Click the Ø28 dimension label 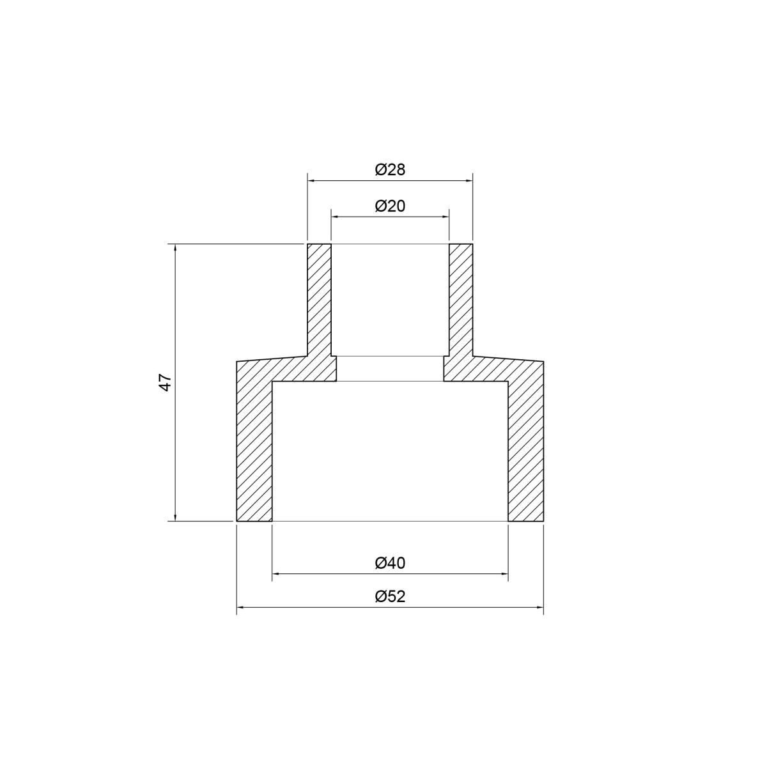390,170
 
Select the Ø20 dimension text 390,206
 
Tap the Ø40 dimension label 390,563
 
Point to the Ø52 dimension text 390,596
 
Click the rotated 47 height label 166,382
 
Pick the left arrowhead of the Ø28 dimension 311,181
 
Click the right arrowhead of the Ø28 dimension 469,181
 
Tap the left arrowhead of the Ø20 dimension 335,217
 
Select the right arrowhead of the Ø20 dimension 445,217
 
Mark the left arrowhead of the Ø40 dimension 276,573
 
